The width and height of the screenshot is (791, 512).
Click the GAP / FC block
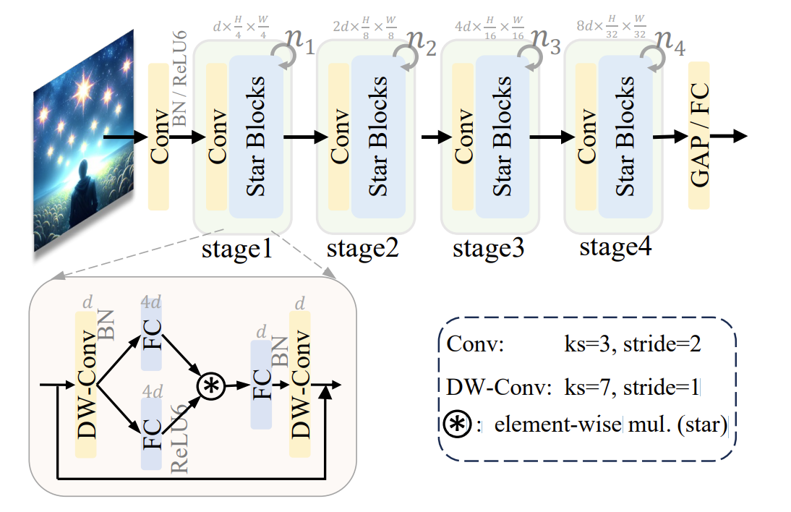pos(698,135)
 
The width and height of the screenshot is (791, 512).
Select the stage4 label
pos(615,247)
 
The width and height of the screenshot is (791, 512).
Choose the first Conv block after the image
pos(158,137)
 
